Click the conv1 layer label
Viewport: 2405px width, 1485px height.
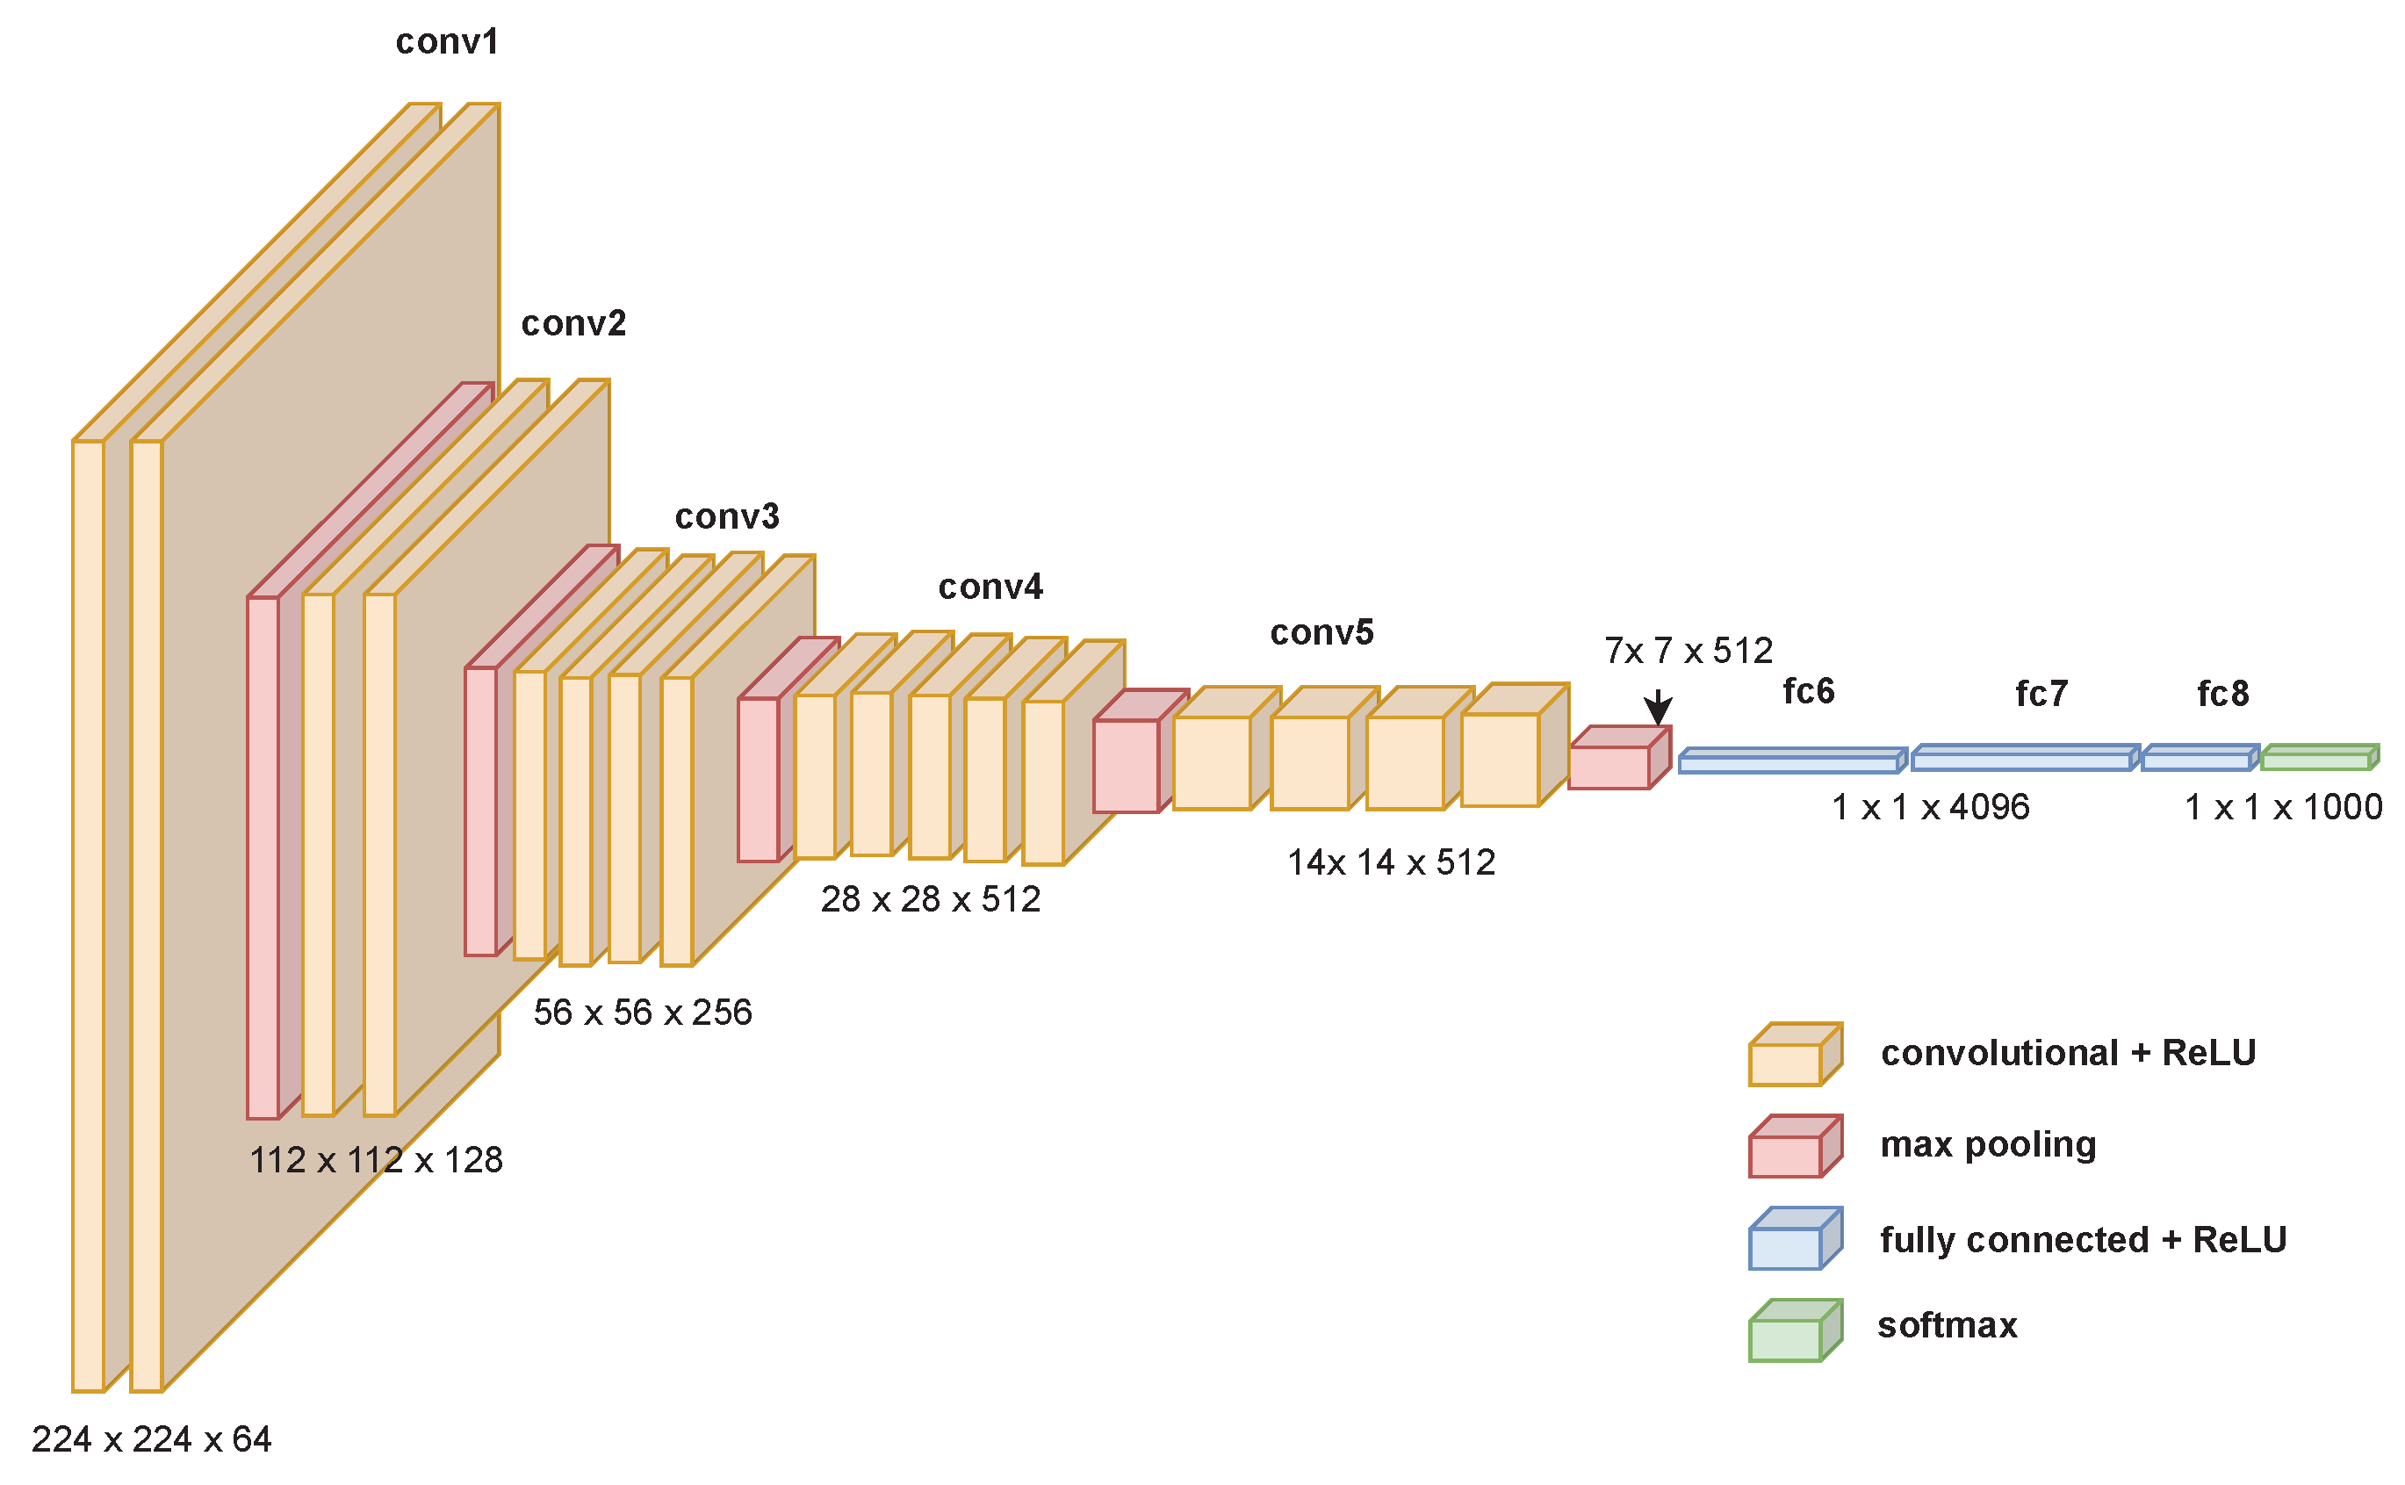click(x=447, y=42)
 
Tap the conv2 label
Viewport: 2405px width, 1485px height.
click(x=573, y=324)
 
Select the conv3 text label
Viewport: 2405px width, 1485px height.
click(x=727, y=516)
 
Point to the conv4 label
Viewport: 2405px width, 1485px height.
click(x=990, y=588)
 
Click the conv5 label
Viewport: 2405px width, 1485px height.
click(x=1321, y=633)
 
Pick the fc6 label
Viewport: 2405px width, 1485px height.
click(x=1808, y=692)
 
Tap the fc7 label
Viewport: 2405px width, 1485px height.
click(x=2041, y=696)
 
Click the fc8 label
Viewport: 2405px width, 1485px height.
click(x=2222, y=696)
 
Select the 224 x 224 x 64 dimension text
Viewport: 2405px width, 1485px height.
click(x=151, y=1440)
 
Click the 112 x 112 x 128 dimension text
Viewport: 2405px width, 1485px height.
click(x=376, y=1161)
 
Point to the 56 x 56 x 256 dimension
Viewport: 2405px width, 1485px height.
click(x=642, y=1013)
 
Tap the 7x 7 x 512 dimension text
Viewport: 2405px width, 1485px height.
click(x=1689, y=651)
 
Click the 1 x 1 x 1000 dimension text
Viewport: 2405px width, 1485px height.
click(x=2282, y=807)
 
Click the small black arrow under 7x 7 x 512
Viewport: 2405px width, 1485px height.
click(x=1658, y=708)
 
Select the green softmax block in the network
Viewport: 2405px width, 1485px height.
click(x=2317, y=758)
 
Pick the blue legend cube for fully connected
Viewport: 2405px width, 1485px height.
click(x=1793, y=1239)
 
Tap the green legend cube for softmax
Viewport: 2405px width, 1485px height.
click(x=1793, y=1332)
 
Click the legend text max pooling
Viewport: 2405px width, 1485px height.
click(x=1988, y=1145)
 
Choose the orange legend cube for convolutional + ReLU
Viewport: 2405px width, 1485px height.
click(x=1793, y=1056)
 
